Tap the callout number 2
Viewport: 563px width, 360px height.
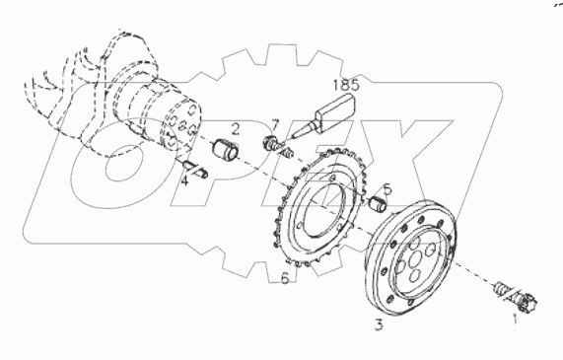(236, 127)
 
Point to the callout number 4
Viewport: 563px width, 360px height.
(184, 180)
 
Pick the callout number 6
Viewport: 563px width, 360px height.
(285, 279)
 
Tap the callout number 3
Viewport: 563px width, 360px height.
(378, 323)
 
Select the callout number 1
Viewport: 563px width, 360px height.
(511, 319)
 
